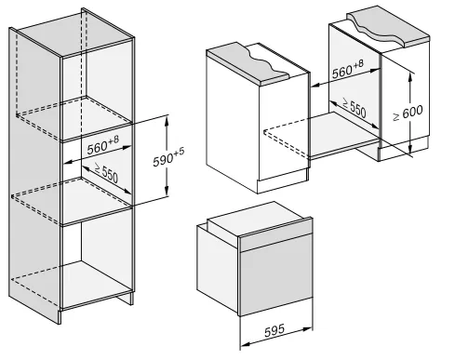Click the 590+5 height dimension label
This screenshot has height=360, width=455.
[x=168, y=157]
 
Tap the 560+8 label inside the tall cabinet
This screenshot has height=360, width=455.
[x=103, y=145]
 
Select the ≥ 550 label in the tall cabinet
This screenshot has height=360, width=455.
[x=106, y=173]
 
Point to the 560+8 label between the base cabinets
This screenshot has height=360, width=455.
[x=348, y=70]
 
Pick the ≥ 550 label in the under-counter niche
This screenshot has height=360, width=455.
[x=355, y=107]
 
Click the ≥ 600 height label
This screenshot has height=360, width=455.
[x=408, y=113]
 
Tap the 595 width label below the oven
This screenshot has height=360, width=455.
[x=274, y=330]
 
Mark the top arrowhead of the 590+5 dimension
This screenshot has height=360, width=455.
[x=167, y=120]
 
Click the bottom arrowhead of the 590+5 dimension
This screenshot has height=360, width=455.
[x=167, y=192]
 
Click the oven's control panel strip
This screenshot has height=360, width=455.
[x=276, y=234]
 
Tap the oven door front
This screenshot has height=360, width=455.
[x=276, y=275]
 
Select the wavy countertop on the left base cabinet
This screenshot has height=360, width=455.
[x=249, y=64]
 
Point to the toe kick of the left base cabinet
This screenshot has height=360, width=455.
[x=282, y=181]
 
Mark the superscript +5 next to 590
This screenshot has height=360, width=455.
[x=180, y=152]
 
